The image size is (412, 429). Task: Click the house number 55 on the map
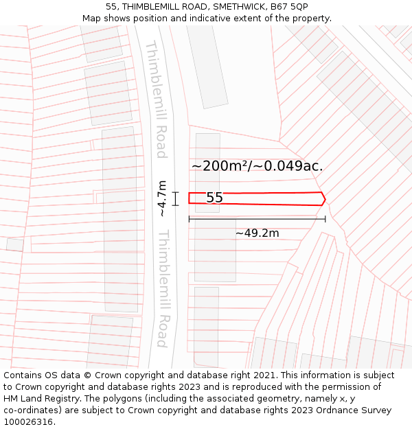(x=214, y=198)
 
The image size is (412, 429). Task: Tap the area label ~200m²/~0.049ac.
(x=257, y=166)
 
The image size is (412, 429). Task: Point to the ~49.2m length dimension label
(x=257, y=233)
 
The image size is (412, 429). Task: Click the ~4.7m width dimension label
(x=162, y=198)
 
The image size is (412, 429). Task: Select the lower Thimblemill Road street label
(x=163, y=288)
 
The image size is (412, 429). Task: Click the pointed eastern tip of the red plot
(x=324, y=198)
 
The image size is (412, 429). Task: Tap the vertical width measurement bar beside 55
(x=176, y=198)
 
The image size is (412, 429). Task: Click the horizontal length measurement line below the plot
(x=257, y=220)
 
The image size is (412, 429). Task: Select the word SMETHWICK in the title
(x=238, y=7)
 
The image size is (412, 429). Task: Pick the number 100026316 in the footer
(x=28, y=422)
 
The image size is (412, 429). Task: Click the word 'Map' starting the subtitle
(x=92, y=19)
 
